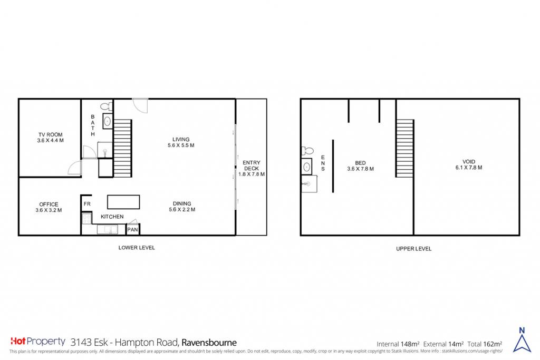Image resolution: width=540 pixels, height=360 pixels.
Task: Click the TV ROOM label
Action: (x=50, y=138)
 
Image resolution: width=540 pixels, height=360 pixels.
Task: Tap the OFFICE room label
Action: (x=49, y=207)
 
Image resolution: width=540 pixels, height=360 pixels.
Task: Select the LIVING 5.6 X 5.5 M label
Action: (x=181, y=142)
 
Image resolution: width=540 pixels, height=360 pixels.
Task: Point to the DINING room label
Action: (x=182, y=207)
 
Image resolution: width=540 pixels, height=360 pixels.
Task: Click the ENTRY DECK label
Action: (x=252, y=168)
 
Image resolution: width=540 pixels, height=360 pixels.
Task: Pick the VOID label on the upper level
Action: (x=469, y=164)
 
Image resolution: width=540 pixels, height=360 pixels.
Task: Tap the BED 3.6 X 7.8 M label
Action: (x=360, y=166)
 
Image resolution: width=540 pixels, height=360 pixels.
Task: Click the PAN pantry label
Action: (x=132, y=230)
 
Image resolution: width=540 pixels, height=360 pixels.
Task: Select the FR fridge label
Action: (x=87, y=204)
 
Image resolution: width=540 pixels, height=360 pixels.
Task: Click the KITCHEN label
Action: (x=112, y=217)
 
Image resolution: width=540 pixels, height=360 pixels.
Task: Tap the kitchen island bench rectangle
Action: (x=123, y=202)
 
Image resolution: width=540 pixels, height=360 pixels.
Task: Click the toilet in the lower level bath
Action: (x=107, y=106)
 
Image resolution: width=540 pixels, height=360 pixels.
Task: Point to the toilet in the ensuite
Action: (x=307, y=151)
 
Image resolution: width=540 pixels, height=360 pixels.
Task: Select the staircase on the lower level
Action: (x=122, y=148)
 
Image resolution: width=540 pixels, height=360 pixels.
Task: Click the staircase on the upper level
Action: (x=404, y=148)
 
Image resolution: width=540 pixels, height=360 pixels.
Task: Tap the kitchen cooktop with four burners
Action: (x=86, y=219)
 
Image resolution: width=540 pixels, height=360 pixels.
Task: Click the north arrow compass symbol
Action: (x=522, y=339)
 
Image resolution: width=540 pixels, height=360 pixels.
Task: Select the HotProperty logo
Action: (x=38, y=342)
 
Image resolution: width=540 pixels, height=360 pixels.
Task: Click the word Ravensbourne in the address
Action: (x=209, y=343)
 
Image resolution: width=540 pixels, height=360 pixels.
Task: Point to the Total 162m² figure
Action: (x=485, y=344)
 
